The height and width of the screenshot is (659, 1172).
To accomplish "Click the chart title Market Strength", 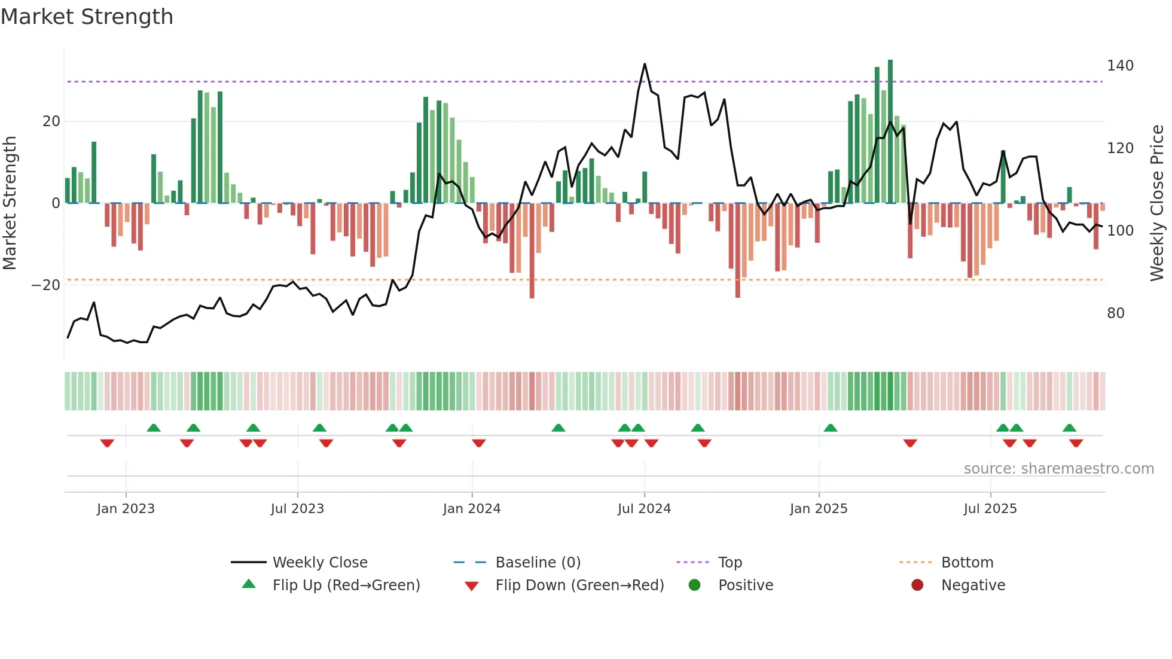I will pos(87,17).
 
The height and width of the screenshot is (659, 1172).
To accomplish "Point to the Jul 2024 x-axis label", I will pos(644,509).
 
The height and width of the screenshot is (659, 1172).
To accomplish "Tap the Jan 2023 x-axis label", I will pos(126,509).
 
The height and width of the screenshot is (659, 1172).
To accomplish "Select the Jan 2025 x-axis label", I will pos(818,509).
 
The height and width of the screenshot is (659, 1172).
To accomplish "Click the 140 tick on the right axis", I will pos(1119,66).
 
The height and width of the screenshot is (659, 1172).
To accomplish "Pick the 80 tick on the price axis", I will pos(1115,313).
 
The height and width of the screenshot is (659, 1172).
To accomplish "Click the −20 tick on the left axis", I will pos(46,285).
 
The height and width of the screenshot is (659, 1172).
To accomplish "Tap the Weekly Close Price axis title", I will pos(1156,203).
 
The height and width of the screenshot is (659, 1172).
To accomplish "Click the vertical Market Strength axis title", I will pos(10,203).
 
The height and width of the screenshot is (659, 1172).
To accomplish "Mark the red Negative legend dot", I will pos(917,585).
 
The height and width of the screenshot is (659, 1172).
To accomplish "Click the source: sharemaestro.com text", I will pos(1058,469).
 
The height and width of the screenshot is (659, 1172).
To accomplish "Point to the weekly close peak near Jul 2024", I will pos(645,64).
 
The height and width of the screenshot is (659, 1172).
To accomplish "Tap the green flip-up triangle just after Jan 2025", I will pos(830,428).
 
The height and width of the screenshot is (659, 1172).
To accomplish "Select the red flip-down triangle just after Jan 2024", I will pos(478,443).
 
